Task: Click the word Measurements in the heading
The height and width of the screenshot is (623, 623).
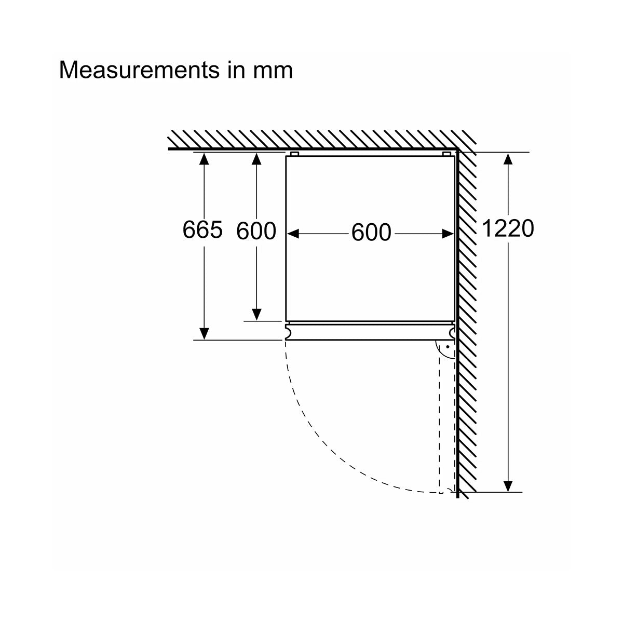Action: point(139,70)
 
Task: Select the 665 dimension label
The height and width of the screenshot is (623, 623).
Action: point(202,230)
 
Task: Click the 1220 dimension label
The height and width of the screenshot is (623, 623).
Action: point(508,228)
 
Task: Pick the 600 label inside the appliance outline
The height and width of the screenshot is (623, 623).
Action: point(371,233)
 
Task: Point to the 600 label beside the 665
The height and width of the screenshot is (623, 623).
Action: point(256,231)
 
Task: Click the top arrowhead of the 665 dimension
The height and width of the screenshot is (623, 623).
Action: point(204,158)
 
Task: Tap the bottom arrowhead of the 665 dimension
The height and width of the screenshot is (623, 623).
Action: point(204,334)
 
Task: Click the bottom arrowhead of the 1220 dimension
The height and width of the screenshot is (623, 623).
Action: point(508,485)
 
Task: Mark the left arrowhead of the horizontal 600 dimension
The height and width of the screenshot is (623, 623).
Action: point(293,234)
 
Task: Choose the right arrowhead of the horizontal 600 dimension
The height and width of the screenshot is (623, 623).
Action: point(448,234)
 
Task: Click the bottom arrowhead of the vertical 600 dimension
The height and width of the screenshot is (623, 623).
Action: point(256,315)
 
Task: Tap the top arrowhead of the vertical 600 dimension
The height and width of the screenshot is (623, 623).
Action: point(256,158)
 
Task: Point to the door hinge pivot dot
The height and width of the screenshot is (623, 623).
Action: point(448,347)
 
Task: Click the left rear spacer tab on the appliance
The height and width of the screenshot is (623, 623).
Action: point(294,154)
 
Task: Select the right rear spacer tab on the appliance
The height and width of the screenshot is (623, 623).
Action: point(446,154)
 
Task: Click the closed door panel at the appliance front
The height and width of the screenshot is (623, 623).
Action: point(370,332)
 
